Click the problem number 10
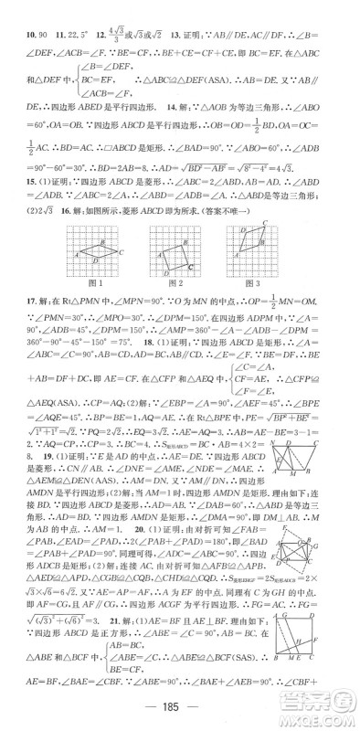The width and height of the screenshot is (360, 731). pyautogui.click(x=16, y=10)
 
